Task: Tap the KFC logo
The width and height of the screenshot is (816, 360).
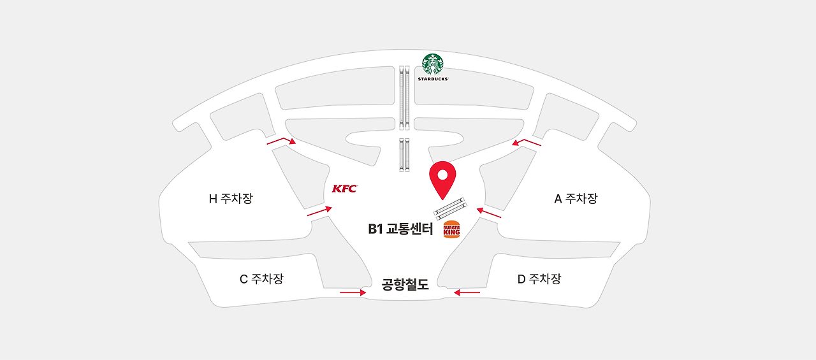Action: point(345,189)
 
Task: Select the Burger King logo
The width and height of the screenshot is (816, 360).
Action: point(451,229)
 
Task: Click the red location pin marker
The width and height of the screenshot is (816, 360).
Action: point(442,179)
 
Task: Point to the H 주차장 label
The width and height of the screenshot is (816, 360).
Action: point(231,199)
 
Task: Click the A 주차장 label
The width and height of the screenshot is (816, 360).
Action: point(576,199)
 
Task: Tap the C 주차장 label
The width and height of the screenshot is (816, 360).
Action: point(261,279)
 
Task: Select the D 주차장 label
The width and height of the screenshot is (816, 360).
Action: point(539,279)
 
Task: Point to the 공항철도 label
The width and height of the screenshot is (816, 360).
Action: point(405,284)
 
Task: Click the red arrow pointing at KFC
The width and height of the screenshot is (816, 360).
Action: point(319,211)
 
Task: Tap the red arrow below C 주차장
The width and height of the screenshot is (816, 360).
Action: point(353,292)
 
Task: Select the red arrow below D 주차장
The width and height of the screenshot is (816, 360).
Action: point(467,292)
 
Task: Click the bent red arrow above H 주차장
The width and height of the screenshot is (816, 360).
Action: point(281,141)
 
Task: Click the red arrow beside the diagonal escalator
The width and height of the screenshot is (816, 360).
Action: point(489,212)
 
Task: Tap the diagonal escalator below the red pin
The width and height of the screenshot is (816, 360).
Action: point(451,208)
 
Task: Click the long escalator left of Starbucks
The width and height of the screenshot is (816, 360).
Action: point(404,96)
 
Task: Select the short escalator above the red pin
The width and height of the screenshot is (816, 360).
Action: point(404,154)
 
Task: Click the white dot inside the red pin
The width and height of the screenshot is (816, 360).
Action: point(442,173)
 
